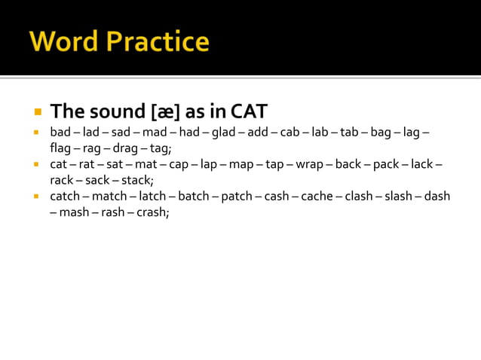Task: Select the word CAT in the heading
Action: click(249, 111)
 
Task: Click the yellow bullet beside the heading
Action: click(37, 111)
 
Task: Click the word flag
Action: click(60, 148)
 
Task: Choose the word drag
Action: click(125, 148)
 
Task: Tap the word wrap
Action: click(309, 164)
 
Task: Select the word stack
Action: click(137, 180)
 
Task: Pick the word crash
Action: click(152, 212)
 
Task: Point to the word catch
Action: click(65, 196)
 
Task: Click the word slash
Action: click(398, 196)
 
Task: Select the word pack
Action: click(386, 164)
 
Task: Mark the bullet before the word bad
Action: click(35, 132)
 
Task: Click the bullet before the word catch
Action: click(35, 196)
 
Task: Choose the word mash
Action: click(75, 212)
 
